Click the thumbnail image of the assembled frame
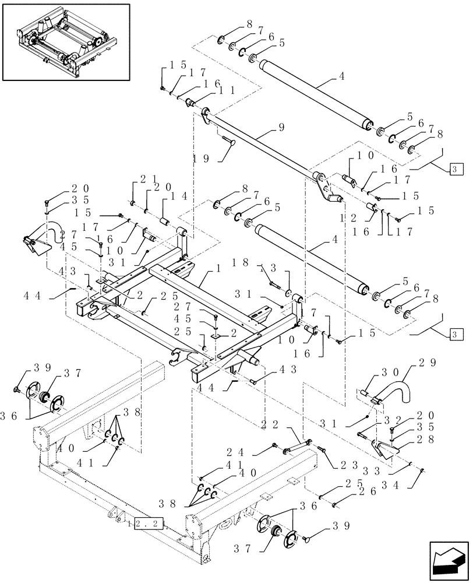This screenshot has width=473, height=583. click(x=66, y=42)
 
